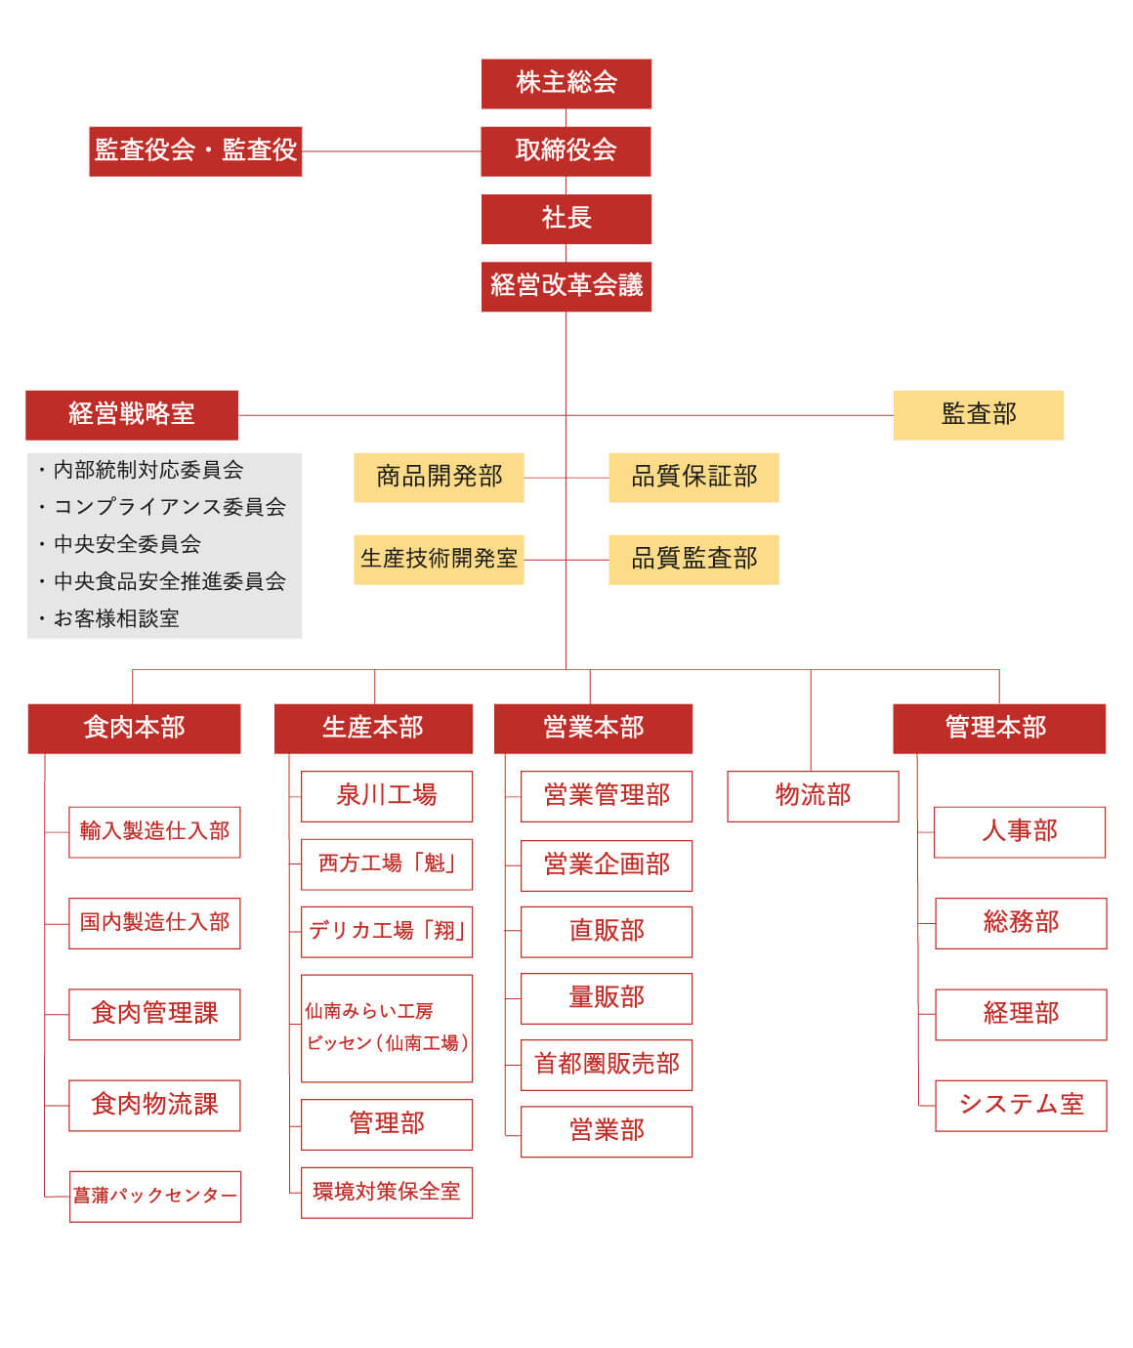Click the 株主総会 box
[566, 84]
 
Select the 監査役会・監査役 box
[195, 151]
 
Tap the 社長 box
[566, 220]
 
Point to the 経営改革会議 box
[566, 287]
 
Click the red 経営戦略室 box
[132, 415]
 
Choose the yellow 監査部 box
[978, 415]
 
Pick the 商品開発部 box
[439, 478]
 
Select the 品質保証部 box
[694, 478]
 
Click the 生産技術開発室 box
[439, 560]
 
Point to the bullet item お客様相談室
[109, 618]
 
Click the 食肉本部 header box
[134, 729]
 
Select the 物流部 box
[813, 796]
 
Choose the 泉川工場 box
[387, 796]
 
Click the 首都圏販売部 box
[607, 1065]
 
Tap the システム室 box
[1021, 1105]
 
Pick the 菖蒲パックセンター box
[155, 1197]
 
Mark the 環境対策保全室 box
[387, 1193]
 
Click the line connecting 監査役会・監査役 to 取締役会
[392, 151]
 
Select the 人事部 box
[1020, 832]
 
